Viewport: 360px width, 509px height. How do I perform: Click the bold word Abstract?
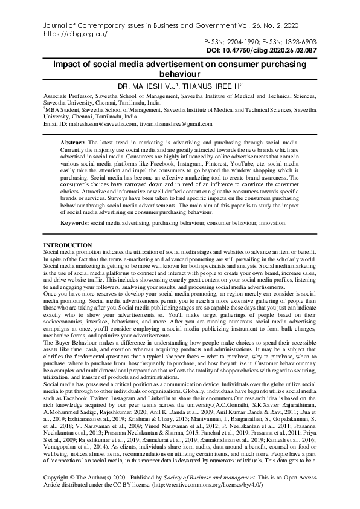(x=73, y=140)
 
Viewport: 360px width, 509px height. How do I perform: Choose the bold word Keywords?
(x=75, y=222)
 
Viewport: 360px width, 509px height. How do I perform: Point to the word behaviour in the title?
(x=179, y=73)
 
